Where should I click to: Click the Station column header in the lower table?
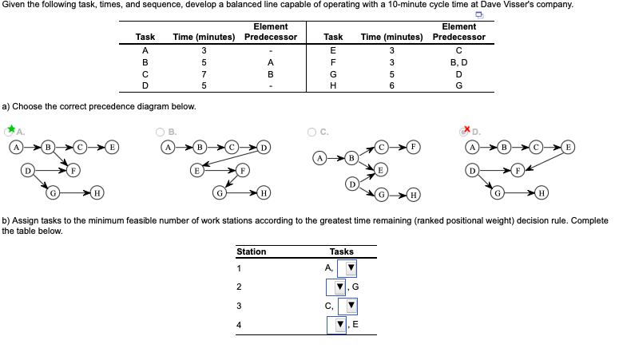pos(252,251)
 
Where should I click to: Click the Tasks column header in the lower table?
pos(341,251)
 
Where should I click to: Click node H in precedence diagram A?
pos(96,192)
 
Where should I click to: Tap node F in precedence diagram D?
pos(518,169)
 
